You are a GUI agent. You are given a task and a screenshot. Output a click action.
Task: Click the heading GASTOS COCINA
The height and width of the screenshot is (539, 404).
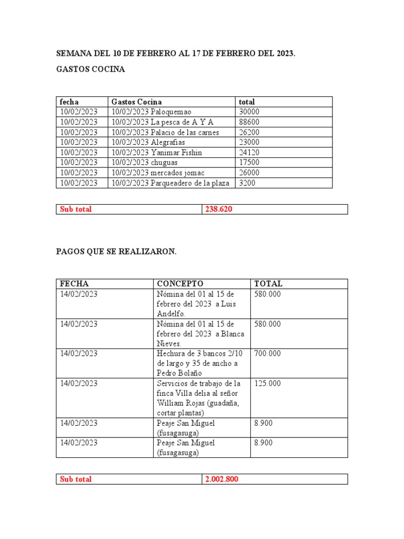coord(90,69)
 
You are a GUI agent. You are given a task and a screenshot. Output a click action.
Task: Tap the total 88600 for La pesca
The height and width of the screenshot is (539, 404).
coord(249,122)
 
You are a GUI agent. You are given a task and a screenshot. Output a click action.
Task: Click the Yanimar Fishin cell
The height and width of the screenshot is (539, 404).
coord(156,153)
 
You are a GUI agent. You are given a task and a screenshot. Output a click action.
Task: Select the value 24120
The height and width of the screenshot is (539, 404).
coord(249,153)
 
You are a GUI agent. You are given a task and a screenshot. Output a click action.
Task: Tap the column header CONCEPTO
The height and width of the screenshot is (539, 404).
coord(180,284)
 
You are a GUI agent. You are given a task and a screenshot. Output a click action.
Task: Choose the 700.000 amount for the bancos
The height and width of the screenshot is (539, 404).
coord(267,354)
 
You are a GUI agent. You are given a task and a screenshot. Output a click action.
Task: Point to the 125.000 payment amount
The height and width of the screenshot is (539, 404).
coord(267,384)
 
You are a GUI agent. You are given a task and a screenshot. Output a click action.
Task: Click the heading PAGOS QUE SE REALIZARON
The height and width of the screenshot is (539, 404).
coord(116,252)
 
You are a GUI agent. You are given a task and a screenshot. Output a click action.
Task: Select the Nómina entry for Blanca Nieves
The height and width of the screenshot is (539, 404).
coord(200,334)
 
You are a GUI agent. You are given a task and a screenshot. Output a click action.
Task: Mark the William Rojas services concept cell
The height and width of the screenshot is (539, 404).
coord(198,398)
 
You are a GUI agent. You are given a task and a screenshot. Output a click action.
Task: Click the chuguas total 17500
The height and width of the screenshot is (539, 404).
coord(249,163)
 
